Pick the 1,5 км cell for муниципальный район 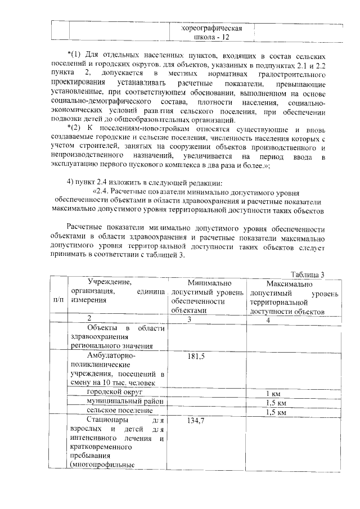pos(276,403)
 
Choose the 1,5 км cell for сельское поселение pos(276,412)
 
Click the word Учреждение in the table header pos(106,281)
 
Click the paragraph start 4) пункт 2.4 pos(98,181)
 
